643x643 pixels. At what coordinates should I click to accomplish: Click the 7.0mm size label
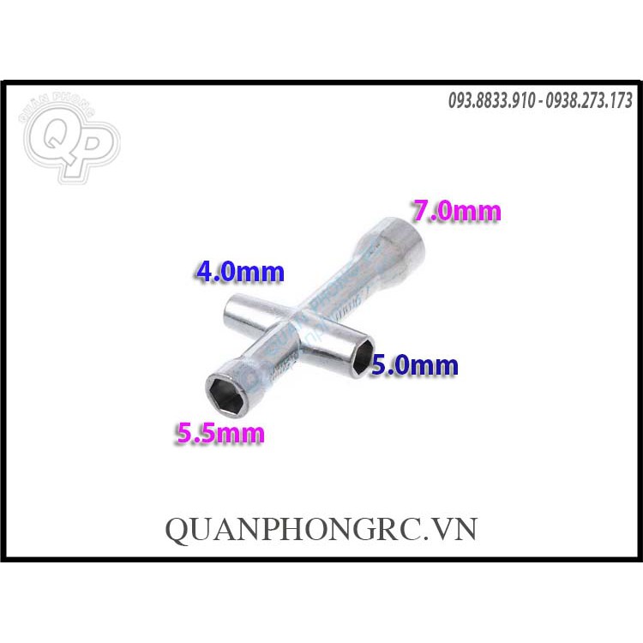(455, 210)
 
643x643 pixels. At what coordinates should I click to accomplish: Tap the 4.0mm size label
(239, 273)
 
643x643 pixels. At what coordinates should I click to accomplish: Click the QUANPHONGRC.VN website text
(321, 530)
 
